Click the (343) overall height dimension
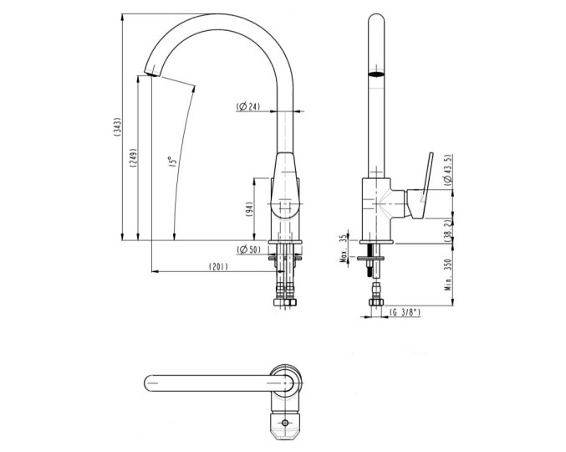118,127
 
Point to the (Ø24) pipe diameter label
249,107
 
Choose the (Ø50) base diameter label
249,249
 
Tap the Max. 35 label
344,248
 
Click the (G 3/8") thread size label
405,312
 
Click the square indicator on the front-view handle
285,203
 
